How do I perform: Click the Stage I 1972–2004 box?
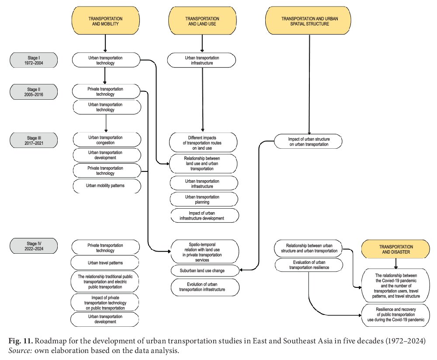34,60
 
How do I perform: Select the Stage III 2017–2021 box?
34,140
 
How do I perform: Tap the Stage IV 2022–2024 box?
34,246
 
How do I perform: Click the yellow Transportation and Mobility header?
106,21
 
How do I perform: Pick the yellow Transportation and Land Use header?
202,21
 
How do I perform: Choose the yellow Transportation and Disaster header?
396,249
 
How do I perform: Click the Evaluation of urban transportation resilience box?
309,265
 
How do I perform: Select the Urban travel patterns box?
105,263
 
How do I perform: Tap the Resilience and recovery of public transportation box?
396,315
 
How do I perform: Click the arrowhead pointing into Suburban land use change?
241,270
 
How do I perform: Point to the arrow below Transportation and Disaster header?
396,264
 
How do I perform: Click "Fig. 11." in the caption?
21,341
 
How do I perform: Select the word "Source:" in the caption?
20,350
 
